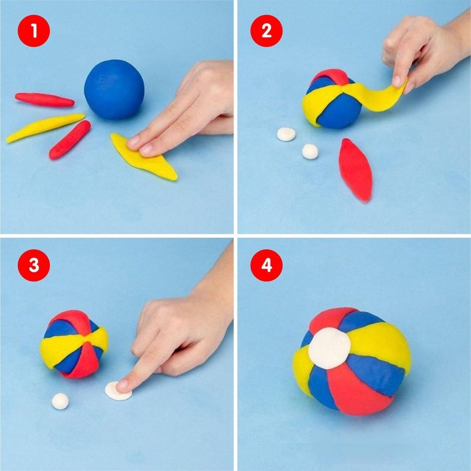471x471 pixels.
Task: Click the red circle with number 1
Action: coord(34,31)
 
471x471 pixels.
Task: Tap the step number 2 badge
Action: coord(267,31)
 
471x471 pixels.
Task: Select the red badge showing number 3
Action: coord(34,265)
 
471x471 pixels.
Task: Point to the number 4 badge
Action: coord(267,265)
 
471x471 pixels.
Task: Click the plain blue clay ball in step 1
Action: coord(114,89)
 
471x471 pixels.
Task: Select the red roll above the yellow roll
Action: coord(44,99)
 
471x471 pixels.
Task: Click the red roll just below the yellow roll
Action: coord(70,140)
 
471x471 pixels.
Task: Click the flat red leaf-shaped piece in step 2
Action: coord(356,169)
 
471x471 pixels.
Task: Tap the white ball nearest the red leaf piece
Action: coord(310,151)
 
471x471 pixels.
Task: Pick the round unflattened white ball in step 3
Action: coord(60,401)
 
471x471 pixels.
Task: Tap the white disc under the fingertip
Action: coord(118,391)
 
